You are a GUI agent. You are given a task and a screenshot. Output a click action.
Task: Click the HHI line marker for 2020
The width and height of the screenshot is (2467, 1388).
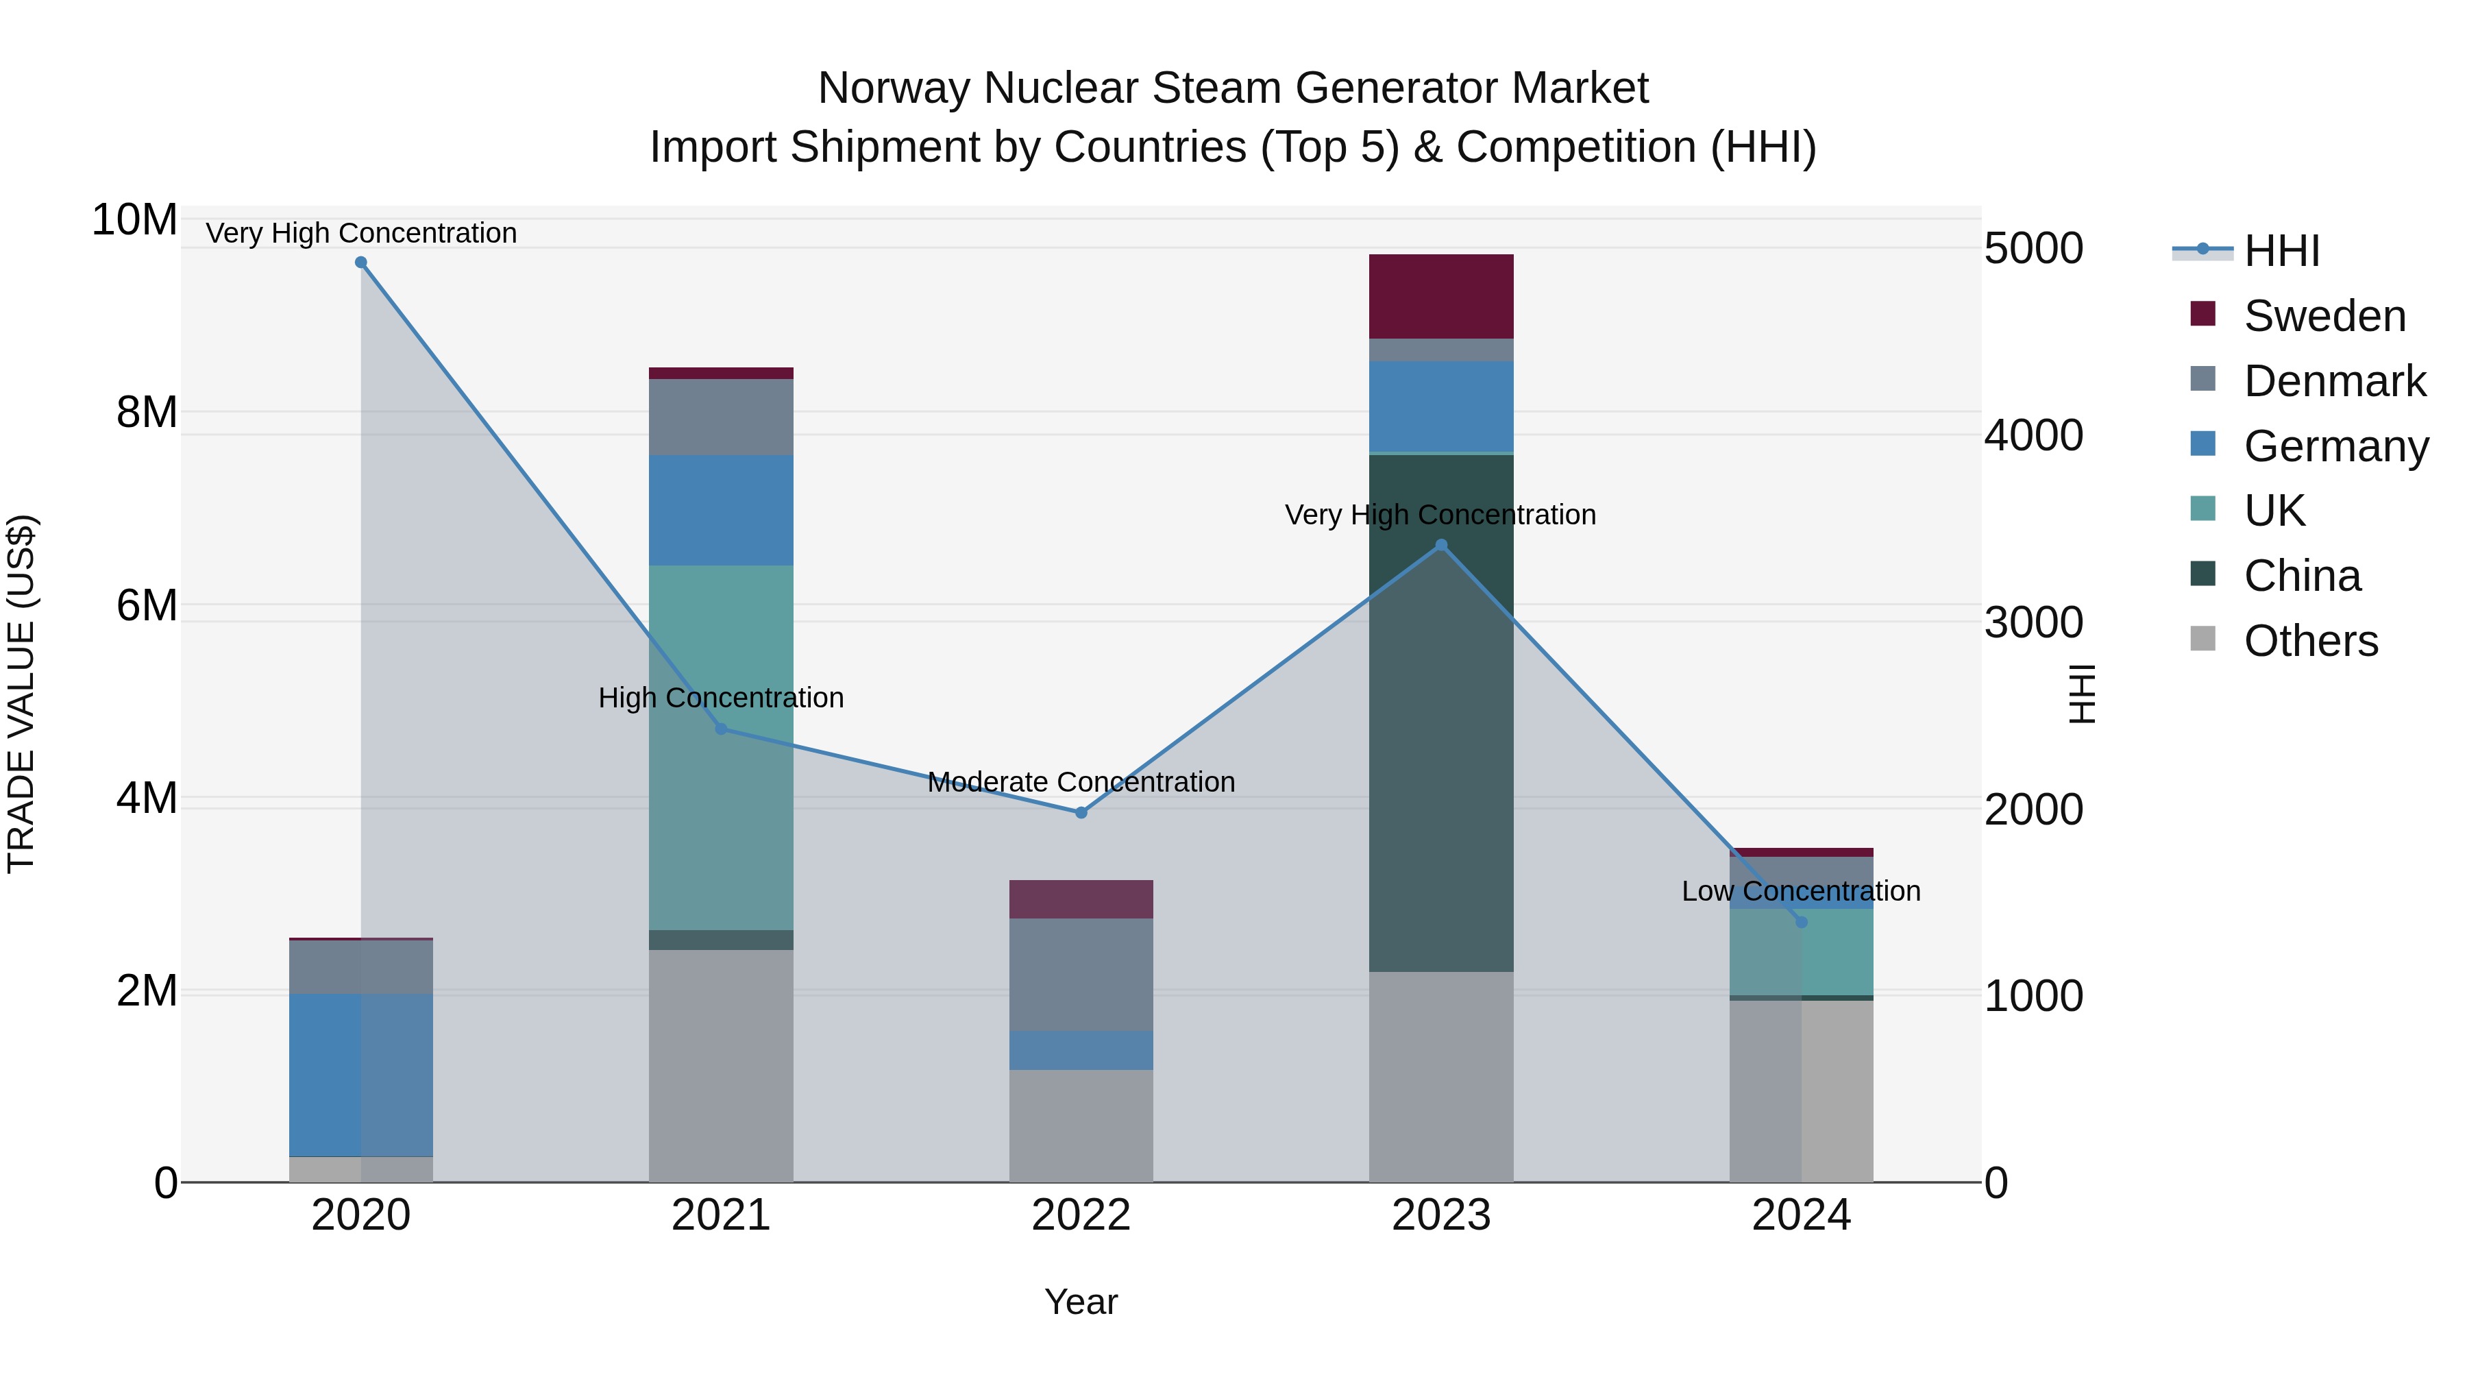point(361,263)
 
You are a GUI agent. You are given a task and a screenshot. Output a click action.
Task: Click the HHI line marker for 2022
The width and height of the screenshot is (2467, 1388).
point(1081,812)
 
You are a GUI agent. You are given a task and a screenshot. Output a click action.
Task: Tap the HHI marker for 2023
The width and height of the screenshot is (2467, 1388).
point(1441,545)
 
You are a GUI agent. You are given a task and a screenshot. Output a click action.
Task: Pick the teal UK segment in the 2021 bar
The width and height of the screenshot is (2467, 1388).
point(721,747)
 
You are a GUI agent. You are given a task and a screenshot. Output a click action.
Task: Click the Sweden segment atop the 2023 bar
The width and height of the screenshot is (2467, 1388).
point(1441,296)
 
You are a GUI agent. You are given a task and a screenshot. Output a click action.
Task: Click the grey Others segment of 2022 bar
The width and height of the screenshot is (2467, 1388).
point(1081,1125)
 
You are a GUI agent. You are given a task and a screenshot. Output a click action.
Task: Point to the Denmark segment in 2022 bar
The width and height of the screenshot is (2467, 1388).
point(1081,974)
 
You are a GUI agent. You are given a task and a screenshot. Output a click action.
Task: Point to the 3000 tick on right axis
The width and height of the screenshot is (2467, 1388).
point(2033,622)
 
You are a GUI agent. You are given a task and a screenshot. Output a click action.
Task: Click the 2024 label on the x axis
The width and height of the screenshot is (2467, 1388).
point(1800,1215)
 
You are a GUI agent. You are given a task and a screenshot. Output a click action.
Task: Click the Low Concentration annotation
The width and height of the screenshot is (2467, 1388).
point(1800,891)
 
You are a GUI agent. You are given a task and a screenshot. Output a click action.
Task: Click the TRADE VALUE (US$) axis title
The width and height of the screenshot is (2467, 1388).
point(21,694)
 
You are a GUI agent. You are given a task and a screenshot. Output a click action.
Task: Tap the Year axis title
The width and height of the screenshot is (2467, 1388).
point(1081,1302)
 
